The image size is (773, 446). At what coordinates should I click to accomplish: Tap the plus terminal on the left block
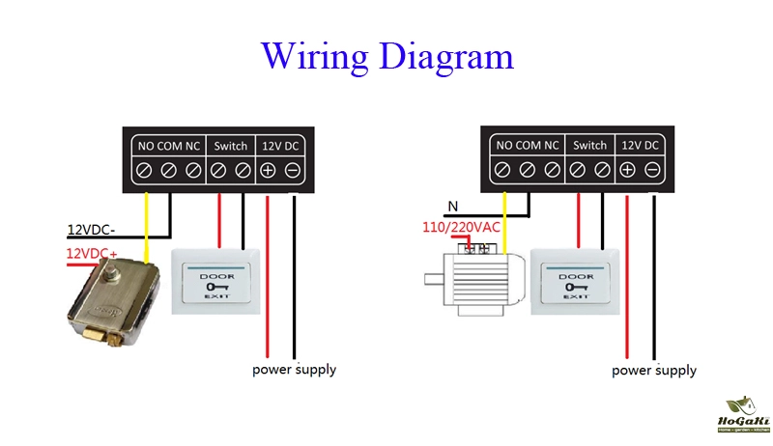click(x=268, y=171)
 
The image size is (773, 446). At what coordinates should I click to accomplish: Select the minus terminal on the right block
click(x=652, y=171)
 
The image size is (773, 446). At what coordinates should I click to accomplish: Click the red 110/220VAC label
click(x=463, y=228)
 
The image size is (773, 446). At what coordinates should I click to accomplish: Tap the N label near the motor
click(x=451, y=206)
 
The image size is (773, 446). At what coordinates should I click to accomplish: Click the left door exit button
click(x=216, y=281)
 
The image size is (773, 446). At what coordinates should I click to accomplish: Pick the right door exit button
click(x=576, y=280)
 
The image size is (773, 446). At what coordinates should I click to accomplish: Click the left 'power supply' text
click(x=295, y=370)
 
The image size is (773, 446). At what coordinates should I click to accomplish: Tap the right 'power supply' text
click(x=654, y=371)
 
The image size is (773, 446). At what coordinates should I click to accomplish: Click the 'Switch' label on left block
click(x=230, y=146)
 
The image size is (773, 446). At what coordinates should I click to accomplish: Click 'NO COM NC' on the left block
click(x=168, y=146)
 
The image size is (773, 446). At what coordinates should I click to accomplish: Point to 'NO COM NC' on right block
click(x=528, y=146)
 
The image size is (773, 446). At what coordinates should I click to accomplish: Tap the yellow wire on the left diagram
click(x=146, y=227)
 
